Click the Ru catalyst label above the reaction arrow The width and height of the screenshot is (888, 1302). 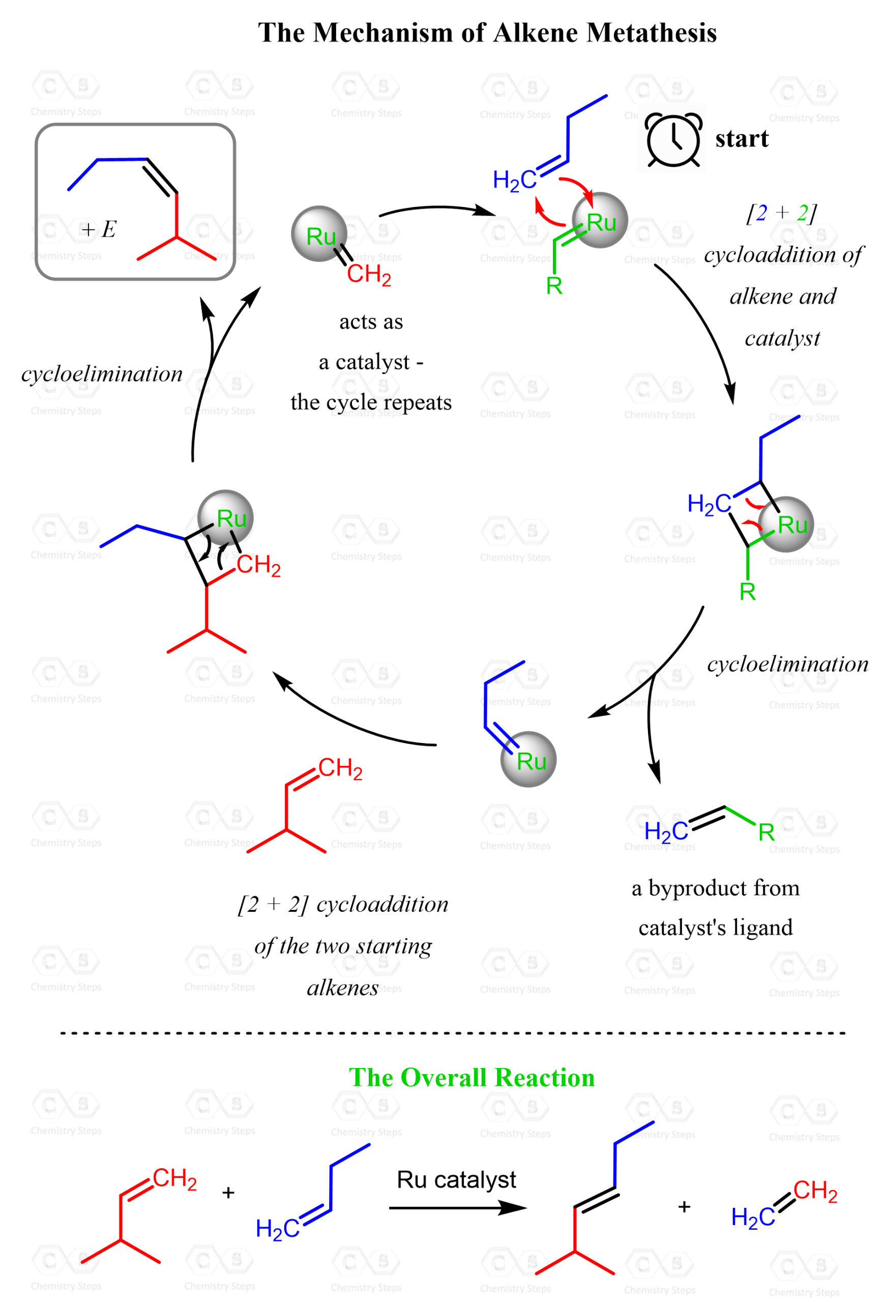[x=456, y=1179]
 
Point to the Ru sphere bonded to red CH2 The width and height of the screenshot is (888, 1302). [x=319, y=233]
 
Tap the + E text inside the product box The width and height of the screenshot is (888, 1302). [x=99, y=229]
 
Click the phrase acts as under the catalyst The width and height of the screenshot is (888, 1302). [x=371, y=321]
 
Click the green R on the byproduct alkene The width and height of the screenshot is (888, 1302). [x=766, y=832]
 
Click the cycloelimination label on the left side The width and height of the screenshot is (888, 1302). [x=102, y=374]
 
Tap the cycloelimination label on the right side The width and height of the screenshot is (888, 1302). [x=788, y=664]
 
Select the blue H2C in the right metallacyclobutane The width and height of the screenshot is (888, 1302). [x=708, y=504]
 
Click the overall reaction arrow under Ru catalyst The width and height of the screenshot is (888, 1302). [x=458, y=1208]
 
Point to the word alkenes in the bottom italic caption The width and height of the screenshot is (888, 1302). [x=343, y=988]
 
